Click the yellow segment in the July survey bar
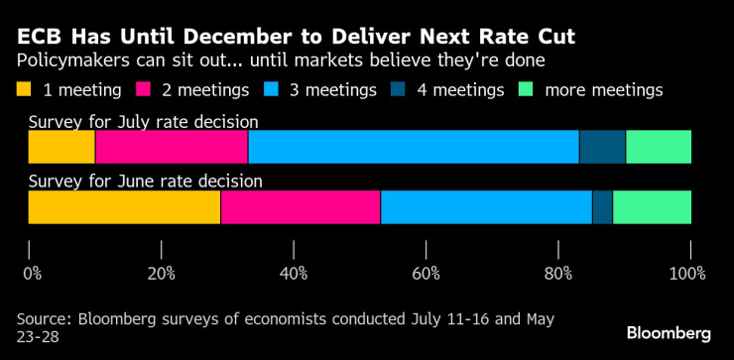61,147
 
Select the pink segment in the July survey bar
172,147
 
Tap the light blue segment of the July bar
413,147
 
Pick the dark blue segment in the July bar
602,147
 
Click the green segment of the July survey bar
659,147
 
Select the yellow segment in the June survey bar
124,207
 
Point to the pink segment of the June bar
301,207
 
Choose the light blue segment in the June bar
486,207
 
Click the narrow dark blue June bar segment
602,207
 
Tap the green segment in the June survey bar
652,207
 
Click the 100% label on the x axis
686,273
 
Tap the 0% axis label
33,273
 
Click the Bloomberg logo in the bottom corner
669,332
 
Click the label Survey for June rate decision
145,181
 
